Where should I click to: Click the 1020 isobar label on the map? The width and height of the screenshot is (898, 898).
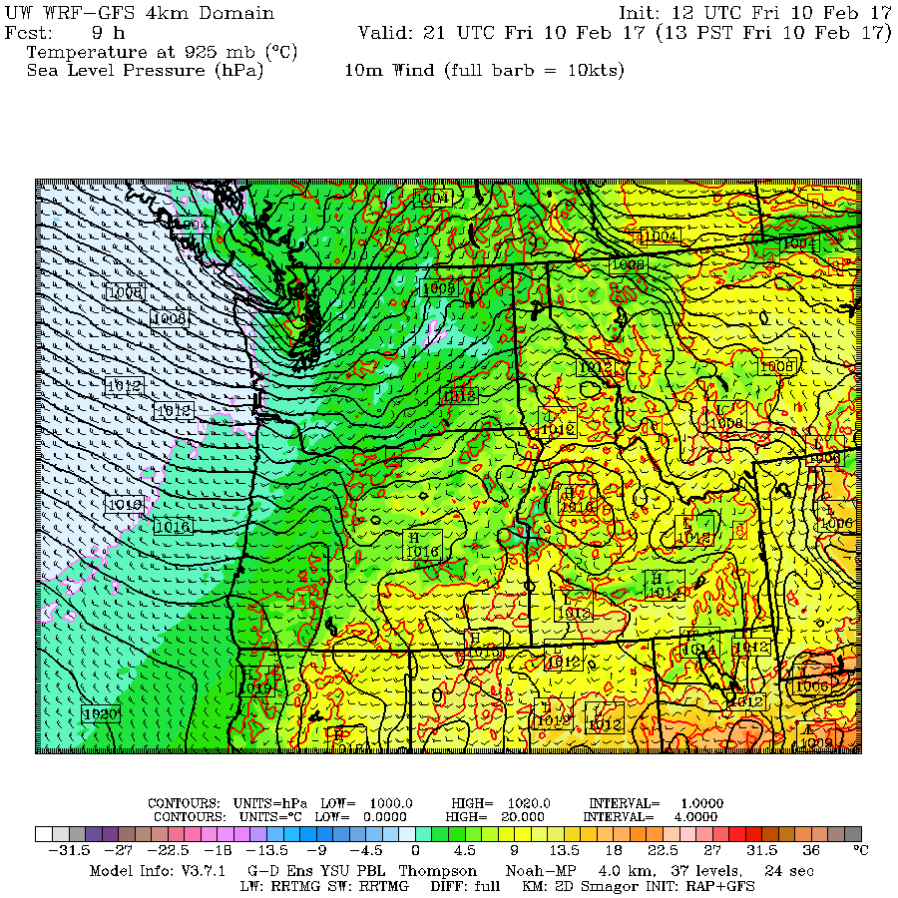click(x=101, y=714)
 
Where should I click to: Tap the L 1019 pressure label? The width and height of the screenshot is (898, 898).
click(x=254, y=688)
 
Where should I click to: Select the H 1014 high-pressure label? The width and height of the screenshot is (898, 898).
click(x=663, y=585)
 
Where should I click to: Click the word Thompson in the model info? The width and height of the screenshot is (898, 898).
click(x=434, y=871)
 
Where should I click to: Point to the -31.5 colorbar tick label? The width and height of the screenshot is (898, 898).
click(x=70, y=850)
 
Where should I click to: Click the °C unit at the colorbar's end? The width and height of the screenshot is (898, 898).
click(x=860, y=850)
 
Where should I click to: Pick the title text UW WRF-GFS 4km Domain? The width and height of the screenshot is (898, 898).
click(x=140, y=13)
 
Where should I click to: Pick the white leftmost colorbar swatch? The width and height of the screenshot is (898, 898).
click(x=44, y=834)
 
